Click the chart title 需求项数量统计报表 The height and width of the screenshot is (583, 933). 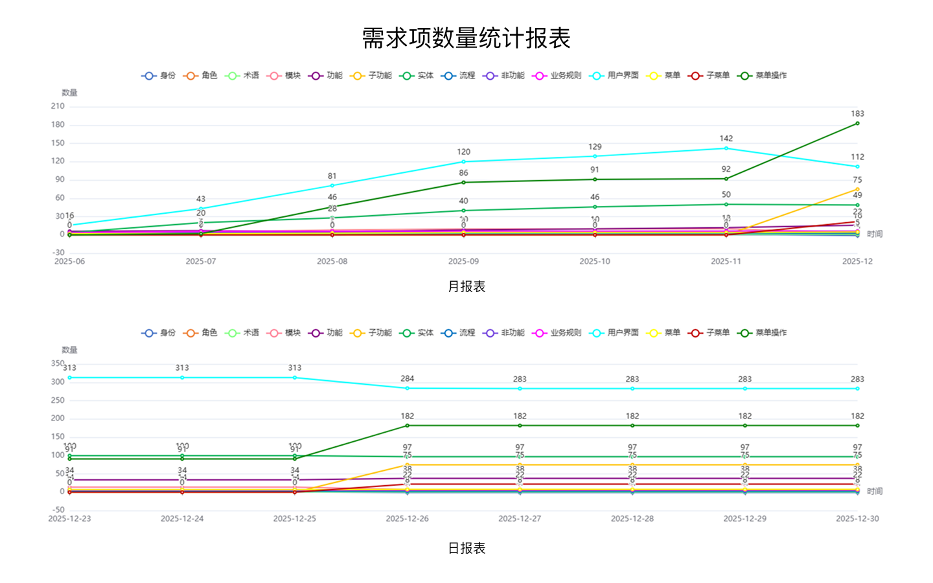[x=466, y=38]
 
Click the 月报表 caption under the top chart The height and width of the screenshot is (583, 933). [x=466, y=286]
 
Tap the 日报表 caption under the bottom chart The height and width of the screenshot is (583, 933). [x=466, y=548]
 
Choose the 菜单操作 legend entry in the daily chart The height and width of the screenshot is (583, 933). [x=763, y=333]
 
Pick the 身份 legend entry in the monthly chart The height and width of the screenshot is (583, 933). [x=159, y=76]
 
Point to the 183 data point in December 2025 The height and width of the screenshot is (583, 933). [x=857, y=123]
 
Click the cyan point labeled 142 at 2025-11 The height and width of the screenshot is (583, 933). [x=726, y=148]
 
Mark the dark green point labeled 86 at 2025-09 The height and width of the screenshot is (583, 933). [x=463, y=182]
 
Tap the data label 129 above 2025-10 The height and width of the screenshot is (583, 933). [x=595, y=147]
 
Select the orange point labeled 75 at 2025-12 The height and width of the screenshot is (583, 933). [x=857, y=189]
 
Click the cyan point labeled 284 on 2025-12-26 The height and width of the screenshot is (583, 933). [x=407, y=388]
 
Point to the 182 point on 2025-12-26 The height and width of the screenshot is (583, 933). [x=407, y=426]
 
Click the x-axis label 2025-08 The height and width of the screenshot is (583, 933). [x=332, y=262]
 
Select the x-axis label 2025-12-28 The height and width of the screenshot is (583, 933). [x=632, y=519]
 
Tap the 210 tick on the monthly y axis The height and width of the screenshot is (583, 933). [x=58, y=106]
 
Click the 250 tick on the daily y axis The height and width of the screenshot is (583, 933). [x=58, y=400]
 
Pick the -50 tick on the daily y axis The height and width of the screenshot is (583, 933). [x=58, y=510]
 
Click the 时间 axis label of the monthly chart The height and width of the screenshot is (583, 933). [x=875, y=234]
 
